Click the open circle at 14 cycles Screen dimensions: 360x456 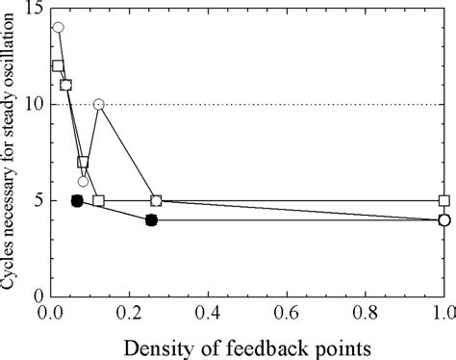click(58, 28)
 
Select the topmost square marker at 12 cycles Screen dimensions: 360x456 click(58, 66)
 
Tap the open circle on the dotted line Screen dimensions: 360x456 click(98, 104)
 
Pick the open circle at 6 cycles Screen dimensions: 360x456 click(83, 181)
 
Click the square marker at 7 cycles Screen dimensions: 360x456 click(83, 162)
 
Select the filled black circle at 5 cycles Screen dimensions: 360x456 click(77, 200)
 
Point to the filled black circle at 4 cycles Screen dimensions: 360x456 click(151, 219)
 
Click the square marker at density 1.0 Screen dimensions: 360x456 click(444, 200)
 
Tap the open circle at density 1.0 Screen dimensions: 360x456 click(444, 219)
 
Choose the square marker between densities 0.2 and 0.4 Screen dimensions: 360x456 click(156, 200)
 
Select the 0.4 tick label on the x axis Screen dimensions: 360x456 click(207, 312)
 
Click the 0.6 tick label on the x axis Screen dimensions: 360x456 click(286, 312)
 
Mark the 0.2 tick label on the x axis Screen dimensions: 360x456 click(128, 312)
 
